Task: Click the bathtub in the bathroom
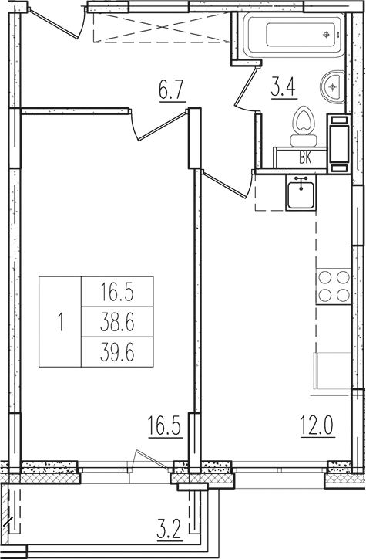292,36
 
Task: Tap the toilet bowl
305,127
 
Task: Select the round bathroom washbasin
334,86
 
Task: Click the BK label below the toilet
305,158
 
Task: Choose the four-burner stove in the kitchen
332,286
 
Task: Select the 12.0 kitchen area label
316,424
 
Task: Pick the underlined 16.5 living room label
165,424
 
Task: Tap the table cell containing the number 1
60,320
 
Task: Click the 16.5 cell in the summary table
116,292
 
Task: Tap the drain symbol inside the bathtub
327,36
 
